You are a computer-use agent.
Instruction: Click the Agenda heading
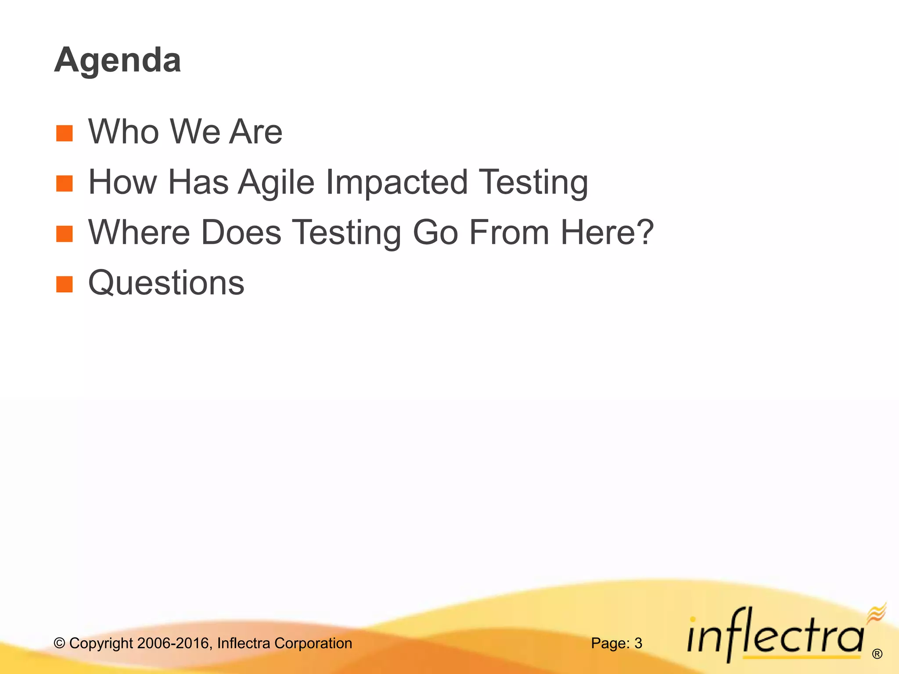[x=118, y=60]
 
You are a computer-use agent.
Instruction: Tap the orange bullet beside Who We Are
[x=65, y=133]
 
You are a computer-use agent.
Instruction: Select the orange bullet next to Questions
[x=65, y=284]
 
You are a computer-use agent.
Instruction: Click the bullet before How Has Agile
[x=65, y=184]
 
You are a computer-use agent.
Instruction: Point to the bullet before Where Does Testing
[x=65, y=234]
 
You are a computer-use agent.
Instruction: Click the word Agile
[x=277, y=182]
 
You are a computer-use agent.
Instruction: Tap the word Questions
[x=166, y=283]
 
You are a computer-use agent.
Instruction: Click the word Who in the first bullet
[x=124, y=132]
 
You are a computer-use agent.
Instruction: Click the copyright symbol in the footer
[x=59, y=643]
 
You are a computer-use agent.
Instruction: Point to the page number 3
[x=638, y=643]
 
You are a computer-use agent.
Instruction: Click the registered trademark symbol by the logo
[x=877, y=654]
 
